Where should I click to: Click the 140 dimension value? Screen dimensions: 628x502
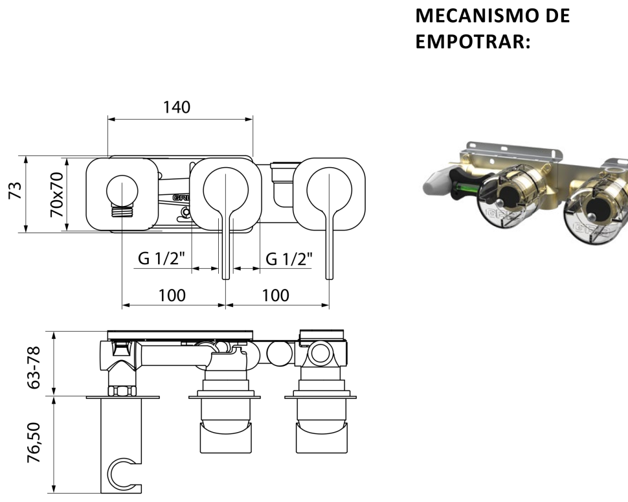pyautogui.click(x=177, y=107)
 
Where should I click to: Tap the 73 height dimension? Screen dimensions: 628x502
pyautogui.click(x=16, y=190)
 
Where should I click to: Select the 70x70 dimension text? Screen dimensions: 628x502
pyautogui.click(x=56, y=194)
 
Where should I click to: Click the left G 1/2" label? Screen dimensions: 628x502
pyautogui.click(x=161, y=258)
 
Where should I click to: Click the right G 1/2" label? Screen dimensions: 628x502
pyautogui.click(x=289, y=259)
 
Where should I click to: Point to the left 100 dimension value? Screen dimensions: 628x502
pyautogui.click(x=172, y=295)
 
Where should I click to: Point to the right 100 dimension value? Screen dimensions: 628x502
pyautogui.click(x=276, y=295)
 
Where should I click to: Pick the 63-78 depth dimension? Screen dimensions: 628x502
pyautogui.click(x=34, y=367)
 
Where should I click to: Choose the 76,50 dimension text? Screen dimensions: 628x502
pyautogui.click(x=34, y=442)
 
